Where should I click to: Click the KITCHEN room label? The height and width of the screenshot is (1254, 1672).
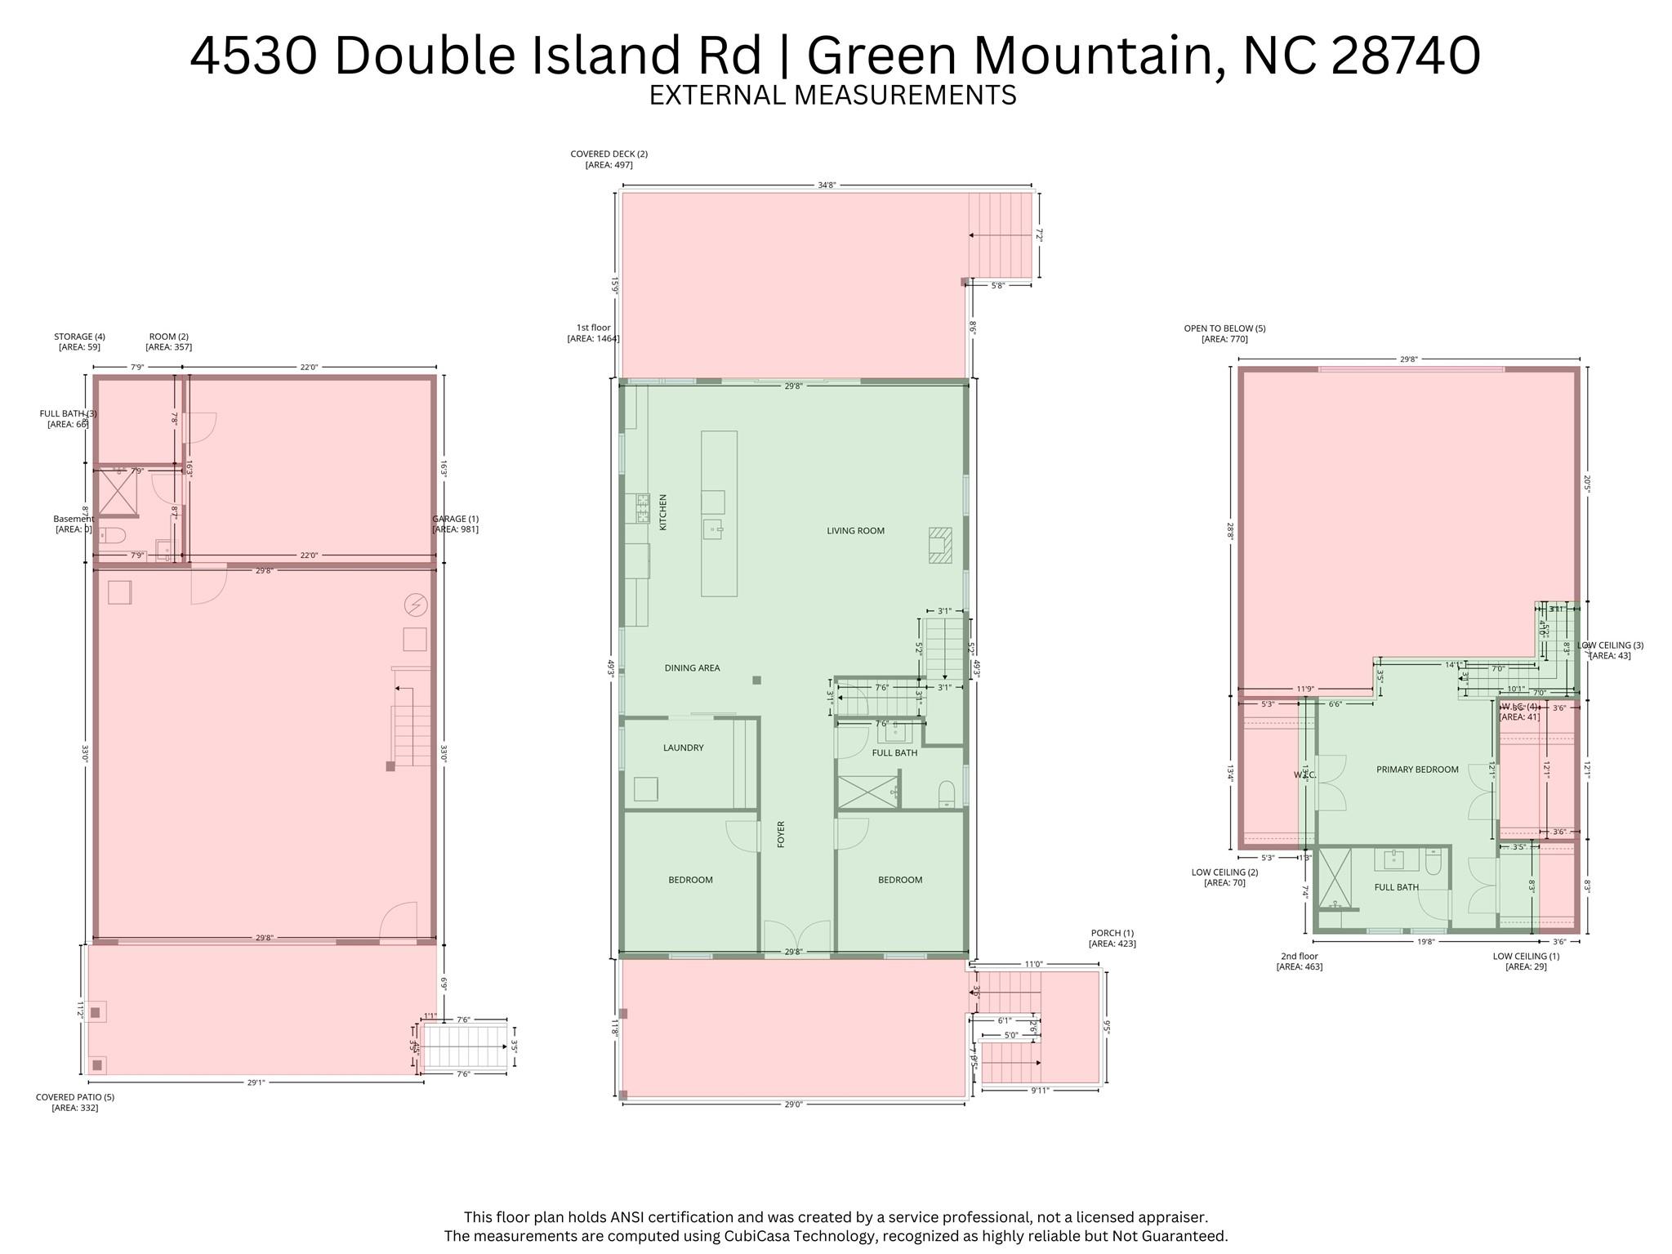click(663, 512)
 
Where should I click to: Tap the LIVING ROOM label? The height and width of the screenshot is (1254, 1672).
click(855, 531)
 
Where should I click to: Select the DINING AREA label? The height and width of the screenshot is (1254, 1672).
click(692, 668)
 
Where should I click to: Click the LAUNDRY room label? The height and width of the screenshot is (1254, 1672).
click(683, 747)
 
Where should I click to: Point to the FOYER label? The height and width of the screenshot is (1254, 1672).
click(781, 834)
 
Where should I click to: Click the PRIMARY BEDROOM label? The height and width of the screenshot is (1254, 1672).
click(1416, 770)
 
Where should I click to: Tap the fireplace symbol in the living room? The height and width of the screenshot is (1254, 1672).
click(940, 545)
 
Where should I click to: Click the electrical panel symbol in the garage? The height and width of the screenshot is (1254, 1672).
click(416, 605)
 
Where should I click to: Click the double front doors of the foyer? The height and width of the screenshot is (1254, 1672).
click(796, 936)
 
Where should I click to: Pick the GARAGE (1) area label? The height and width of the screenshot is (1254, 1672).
click(455, 524)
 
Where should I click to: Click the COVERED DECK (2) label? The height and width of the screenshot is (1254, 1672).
click(609, 159)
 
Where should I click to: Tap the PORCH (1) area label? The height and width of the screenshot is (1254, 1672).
click(1112, 938)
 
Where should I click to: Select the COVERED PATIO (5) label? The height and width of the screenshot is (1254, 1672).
click(75, 1102)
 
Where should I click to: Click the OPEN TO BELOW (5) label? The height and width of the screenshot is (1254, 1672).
click(1224, 333)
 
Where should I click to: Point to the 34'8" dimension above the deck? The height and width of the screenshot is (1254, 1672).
click(826, 185)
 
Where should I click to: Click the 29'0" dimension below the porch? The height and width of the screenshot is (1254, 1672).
click(793, 1104)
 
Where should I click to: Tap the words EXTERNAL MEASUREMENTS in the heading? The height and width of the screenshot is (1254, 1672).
click(832, 96)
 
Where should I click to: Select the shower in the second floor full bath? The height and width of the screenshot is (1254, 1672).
click(1335, 880)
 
